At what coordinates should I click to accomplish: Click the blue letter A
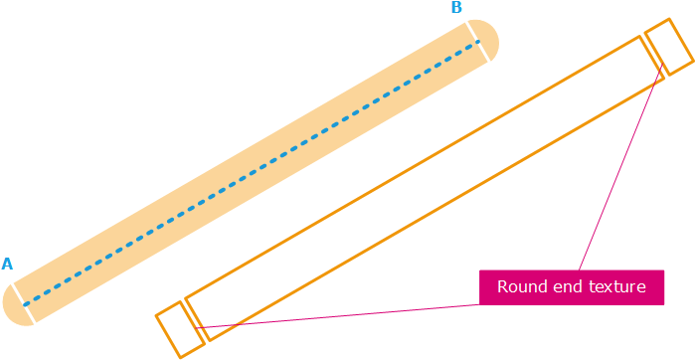point(7,264)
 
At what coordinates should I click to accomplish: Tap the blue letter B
point(456,8)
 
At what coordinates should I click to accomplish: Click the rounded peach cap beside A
point(14,305)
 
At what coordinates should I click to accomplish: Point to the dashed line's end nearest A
point(27,300)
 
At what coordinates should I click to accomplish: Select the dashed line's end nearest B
point(477,46)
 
